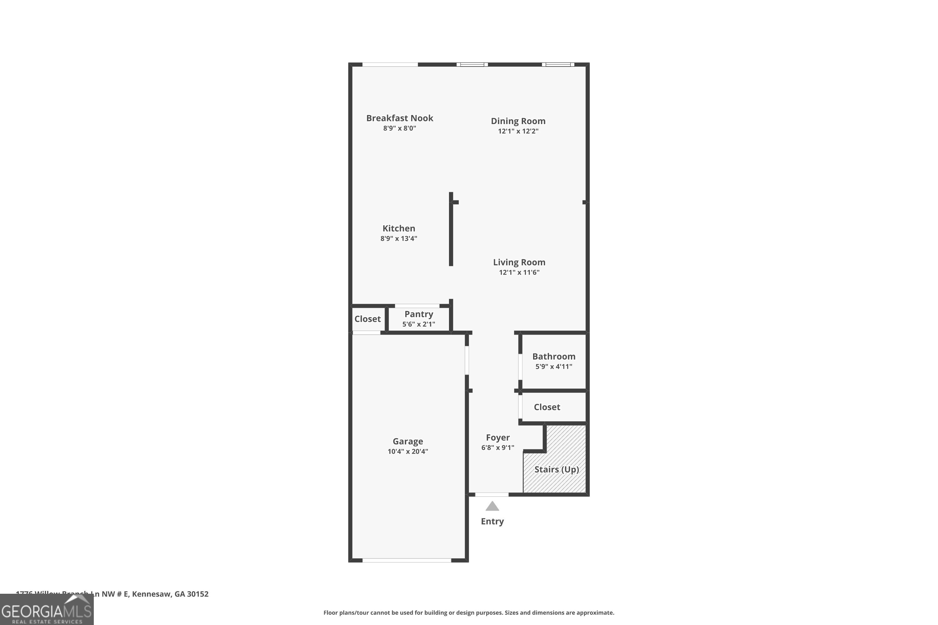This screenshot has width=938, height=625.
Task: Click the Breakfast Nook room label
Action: pos(400,118)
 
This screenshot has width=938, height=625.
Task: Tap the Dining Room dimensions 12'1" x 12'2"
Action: pos(518,131)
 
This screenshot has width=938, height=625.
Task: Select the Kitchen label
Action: pos(399,228)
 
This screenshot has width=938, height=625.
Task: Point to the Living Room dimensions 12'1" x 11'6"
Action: pos(519,272)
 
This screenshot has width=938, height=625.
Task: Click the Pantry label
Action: pos(418,314)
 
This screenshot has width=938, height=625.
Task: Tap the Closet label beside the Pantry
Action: pos(367,319)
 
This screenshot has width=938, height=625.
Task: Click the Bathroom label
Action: pos(553,356)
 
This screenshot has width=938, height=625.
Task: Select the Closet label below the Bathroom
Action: pos(547,407)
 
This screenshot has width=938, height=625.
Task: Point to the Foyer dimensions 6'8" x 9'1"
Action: pos(497,447)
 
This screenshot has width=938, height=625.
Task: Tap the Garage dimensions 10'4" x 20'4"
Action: pos(408,451)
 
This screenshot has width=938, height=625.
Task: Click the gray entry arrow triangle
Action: pos(492,507)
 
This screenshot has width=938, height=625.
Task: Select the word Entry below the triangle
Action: pos(492,521)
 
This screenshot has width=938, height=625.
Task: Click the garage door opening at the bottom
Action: pos(406,560)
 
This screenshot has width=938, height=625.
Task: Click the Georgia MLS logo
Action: pos(47,610)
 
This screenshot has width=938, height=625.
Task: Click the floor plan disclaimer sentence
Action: pos(469,612)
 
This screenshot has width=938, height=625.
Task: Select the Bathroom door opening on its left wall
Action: pos(520,366)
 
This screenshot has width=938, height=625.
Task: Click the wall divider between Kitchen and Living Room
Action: pos(451,231)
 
